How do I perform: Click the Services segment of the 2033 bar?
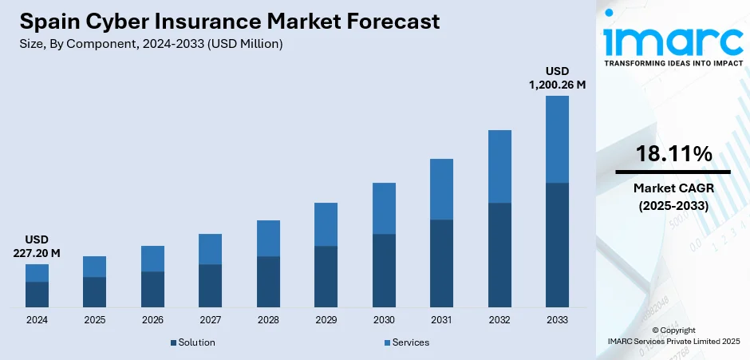coord(557,139)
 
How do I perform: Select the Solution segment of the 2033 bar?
coord(557,245)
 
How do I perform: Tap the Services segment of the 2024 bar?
coord(37,273)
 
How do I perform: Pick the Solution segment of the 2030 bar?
coord(384,271)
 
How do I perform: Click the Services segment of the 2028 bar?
coord(268,238)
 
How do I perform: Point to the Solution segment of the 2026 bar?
coord(152,289)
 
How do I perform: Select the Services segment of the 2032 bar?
coord(499,166)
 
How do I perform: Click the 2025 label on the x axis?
coord(95,320)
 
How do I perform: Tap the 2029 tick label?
coord(326,320)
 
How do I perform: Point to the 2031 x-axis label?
coord(441,320)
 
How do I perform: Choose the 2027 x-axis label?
coord(210,320)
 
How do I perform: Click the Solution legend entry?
coord(192,342)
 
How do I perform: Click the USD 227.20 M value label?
coord(37,247)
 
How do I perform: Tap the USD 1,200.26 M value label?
coord(558,78)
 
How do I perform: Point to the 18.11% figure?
coord(673,155)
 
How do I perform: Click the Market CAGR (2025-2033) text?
coord(673,196)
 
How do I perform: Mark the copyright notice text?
coord(673,335)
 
